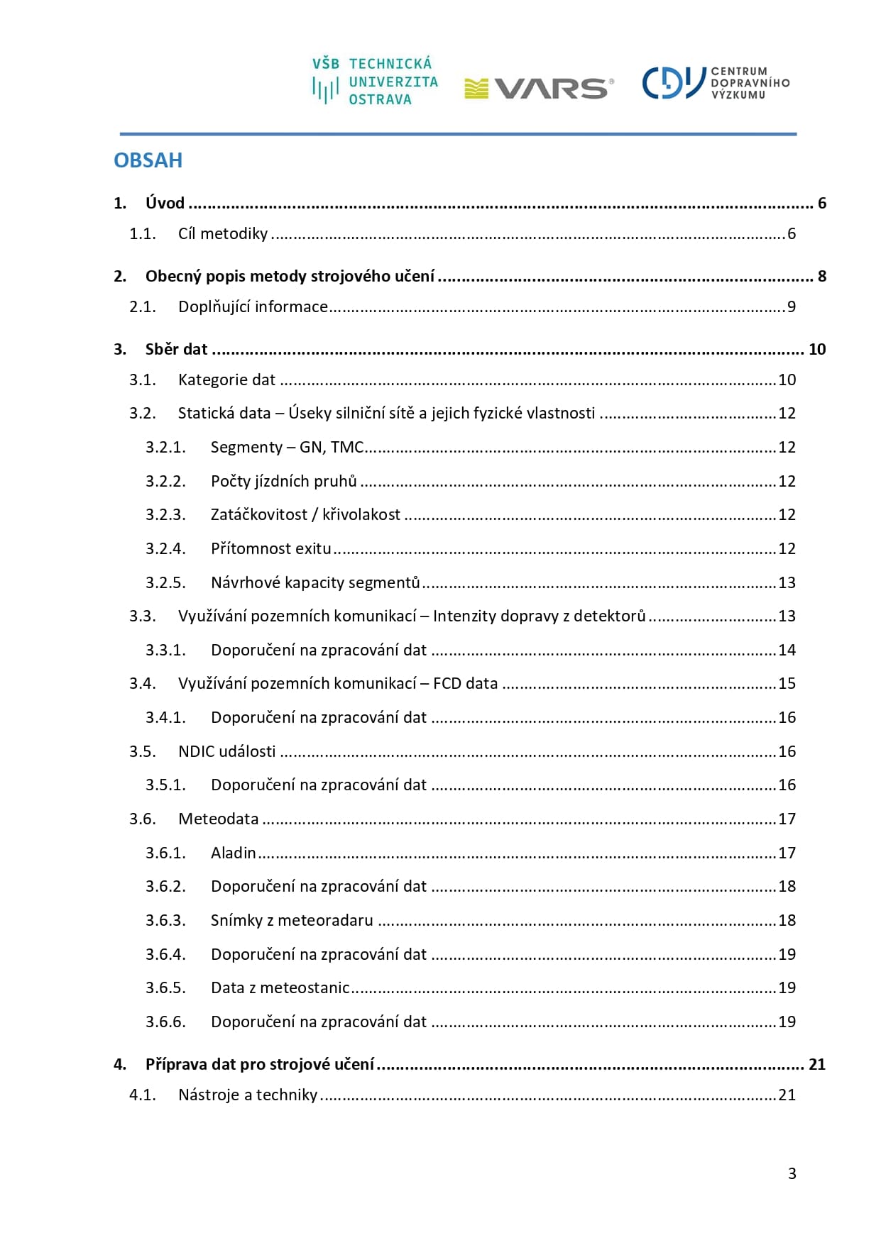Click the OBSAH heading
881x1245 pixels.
tap(148, 160)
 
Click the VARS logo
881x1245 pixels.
tap(539, 88)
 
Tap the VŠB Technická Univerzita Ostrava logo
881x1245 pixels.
tap(375, 82)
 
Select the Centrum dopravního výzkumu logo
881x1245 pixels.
tap(716, 83)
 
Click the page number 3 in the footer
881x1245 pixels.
tap(792, 1173)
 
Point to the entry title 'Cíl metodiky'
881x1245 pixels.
tap(223, 234)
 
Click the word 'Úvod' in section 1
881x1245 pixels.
tap(165, 204)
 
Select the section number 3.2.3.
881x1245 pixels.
tap(165, 515)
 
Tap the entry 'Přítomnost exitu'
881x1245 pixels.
tap(270, 549)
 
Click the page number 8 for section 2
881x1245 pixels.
tap(821, 277)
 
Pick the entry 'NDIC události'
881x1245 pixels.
tap(226, 752)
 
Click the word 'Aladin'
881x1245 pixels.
tap(233, 853)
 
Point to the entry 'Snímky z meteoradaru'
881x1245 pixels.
tap(292, 921)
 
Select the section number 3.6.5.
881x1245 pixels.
tap(165, 988)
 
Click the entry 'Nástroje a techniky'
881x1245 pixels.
tap(248, 1095)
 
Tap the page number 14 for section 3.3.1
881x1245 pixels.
tap(787, 651)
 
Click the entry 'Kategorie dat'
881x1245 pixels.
tap(226, 380)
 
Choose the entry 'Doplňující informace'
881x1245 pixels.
tap(253, 307)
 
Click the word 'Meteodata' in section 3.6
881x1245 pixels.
tap(218, 819)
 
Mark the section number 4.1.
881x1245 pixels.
tap(142, 1095)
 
